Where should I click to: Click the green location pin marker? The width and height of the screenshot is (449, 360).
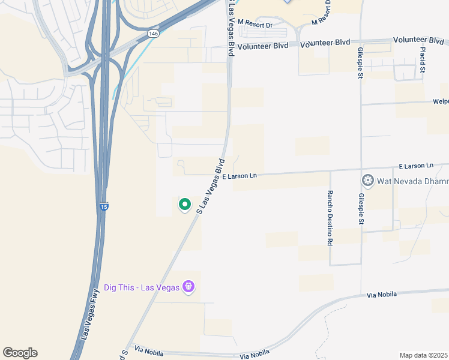(x=185, y=205)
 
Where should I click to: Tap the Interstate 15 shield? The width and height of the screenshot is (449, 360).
(x=103, y=207)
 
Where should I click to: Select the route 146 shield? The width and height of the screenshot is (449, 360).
(x=154, y=35)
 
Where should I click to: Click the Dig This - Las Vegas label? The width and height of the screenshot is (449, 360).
(x=142, y=287)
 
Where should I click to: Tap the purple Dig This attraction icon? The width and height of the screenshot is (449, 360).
(x=189, y=287)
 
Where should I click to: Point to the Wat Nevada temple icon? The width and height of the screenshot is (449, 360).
(x=367, y=181)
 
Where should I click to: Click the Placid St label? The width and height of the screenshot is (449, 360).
(x=423, y=61)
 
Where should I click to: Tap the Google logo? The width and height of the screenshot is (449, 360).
(x=20, y=353)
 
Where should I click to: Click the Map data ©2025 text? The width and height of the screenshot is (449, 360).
(x=424, y=355)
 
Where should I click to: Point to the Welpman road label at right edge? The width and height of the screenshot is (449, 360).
(x=441, y=101)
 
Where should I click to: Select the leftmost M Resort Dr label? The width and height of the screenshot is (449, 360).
(x=255, y=25)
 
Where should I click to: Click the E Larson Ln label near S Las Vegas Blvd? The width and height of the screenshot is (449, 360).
(x=239, y=176)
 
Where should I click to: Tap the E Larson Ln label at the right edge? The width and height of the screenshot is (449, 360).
(x=415, y=165)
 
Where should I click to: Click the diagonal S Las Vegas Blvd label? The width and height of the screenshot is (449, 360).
(x=211, y=186)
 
